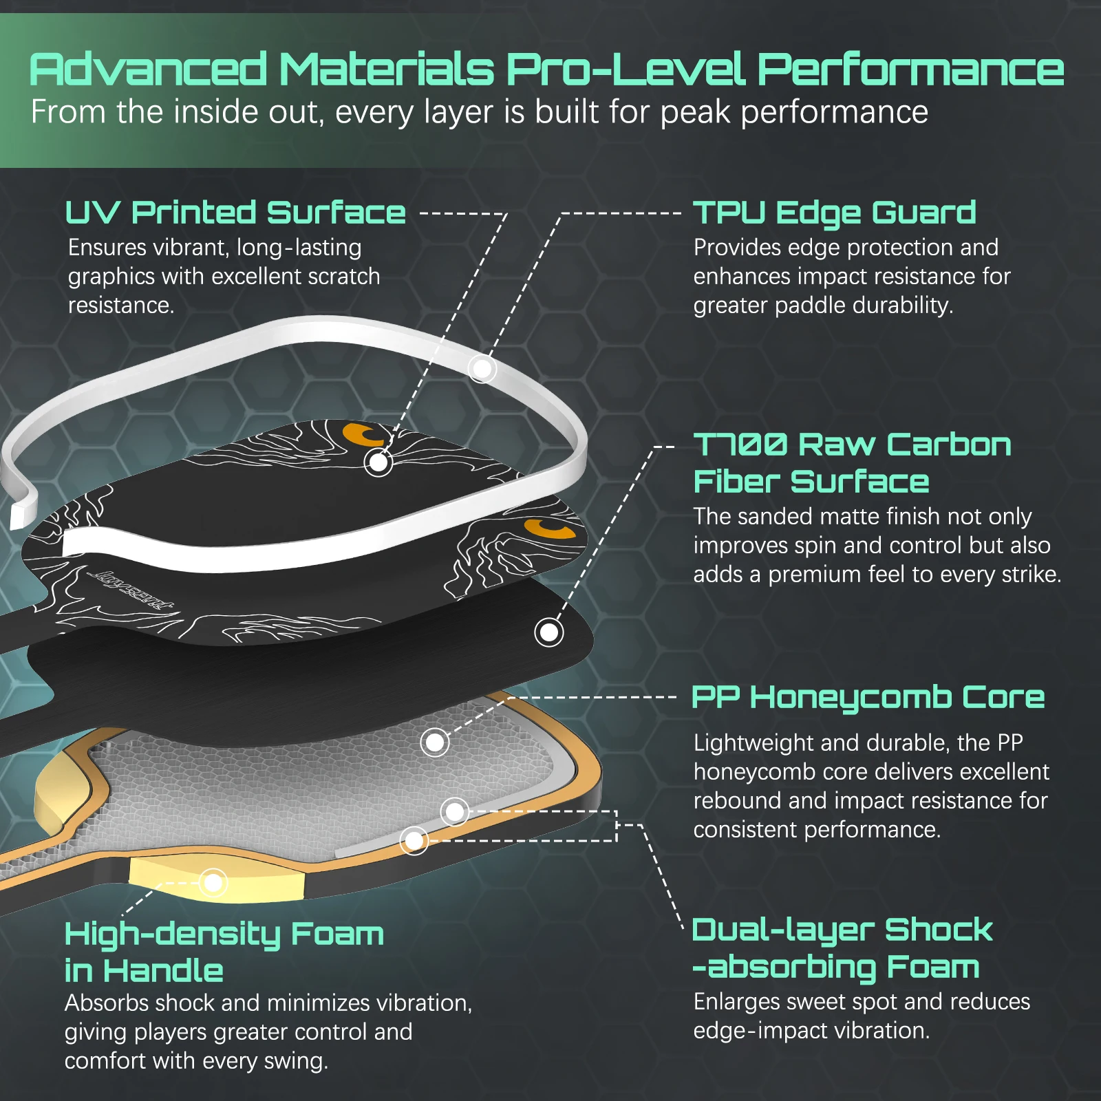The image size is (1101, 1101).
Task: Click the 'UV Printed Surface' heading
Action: [235, 213]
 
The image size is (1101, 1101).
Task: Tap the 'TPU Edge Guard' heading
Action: [834, 213]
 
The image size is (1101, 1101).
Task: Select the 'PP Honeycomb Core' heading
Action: [868, 697]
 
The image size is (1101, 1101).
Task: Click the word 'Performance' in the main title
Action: [910, 70]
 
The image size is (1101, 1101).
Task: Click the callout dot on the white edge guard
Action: [482, 369]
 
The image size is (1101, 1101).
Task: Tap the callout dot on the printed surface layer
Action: [378, 462]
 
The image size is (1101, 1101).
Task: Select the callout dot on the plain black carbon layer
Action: [549, 632]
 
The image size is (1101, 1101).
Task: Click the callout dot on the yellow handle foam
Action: [213, 882]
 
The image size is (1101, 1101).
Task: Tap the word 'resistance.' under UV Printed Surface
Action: [121, 305]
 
